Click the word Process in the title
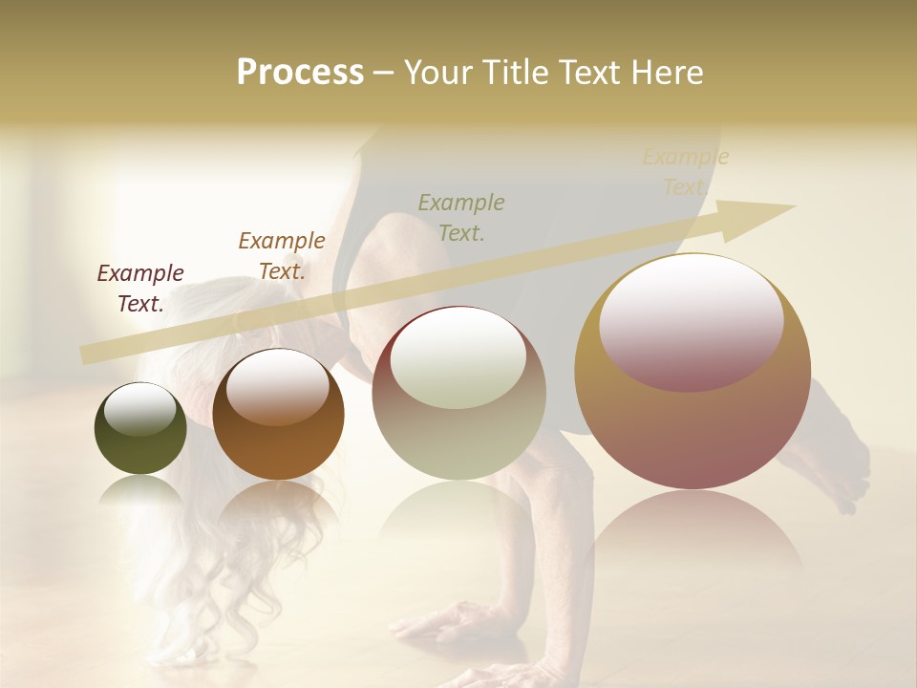(x=300, y=73)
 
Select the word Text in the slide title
(x=590, y=73)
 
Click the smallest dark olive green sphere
(x=140, y=429)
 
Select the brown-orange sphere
(x=278, y=415)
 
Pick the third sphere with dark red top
(x=458, y=393)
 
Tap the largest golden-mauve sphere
(x=693, y=372)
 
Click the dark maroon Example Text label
(x=140, y=289)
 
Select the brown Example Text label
(x=282, y=256)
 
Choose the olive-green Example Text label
(x=461, y=217)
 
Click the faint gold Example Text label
(x=685, y=172)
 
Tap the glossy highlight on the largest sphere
(x=691, y=320)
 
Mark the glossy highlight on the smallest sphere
(x=140, y=410)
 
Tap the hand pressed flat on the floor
(x=449, y=626)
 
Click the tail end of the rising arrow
(x=91, y=355)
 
